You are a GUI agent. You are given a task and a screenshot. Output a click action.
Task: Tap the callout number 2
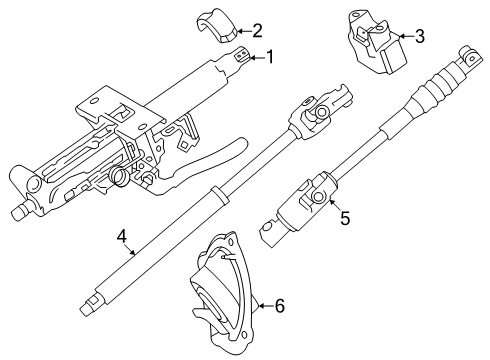point(257,30)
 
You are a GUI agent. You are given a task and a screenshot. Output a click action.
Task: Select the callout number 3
point(420,38)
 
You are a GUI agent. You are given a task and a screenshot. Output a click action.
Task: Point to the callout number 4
point(121,238)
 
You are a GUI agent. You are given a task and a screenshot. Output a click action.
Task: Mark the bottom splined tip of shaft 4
point(92,301)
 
